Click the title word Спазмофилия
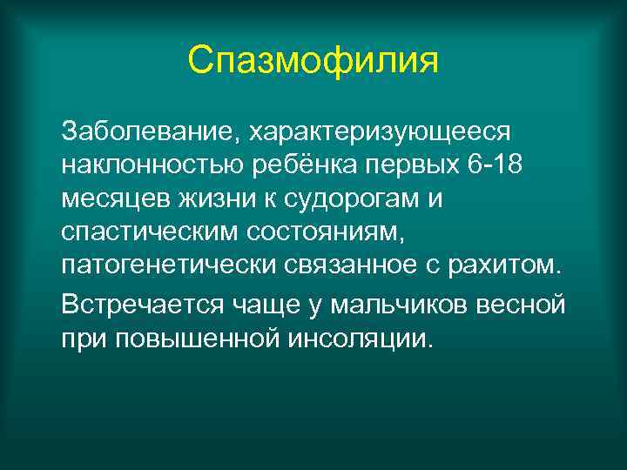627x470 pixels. pyautogui.click(x=313, y=61)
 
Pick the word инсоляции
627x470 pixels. pyautogui.click(x=348, y=338)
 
